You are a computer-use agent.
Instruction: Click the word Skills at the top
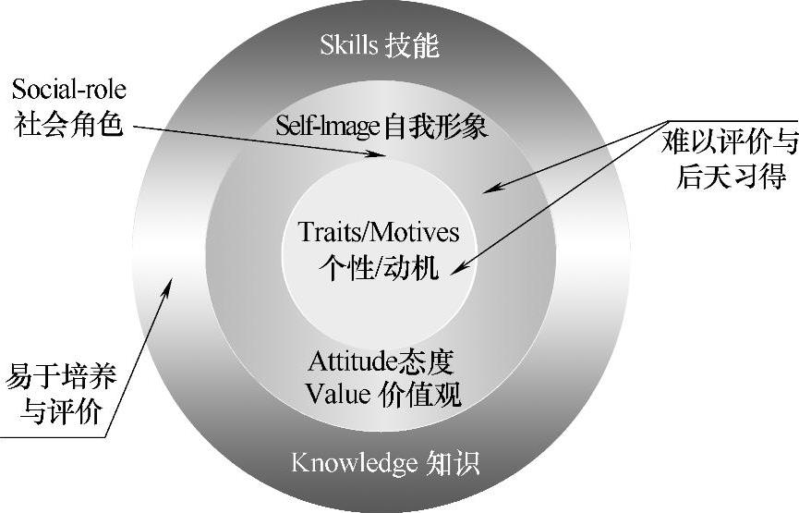(x=348, y=44)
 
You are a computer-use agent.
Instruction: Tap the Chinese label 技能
(x=412, y=44)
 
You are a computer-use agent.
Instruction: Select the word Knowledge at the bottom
(x=354, y=461)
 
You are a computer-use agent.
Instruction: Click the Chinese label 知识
(x=454, y=461)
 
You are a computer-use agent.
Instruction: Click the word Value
(x=338, y=393)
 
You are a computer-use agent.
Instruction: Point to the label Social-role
(x=69, y=90)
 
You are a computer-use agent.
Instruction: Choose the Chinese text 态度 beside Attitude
(x=431, y=360)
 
